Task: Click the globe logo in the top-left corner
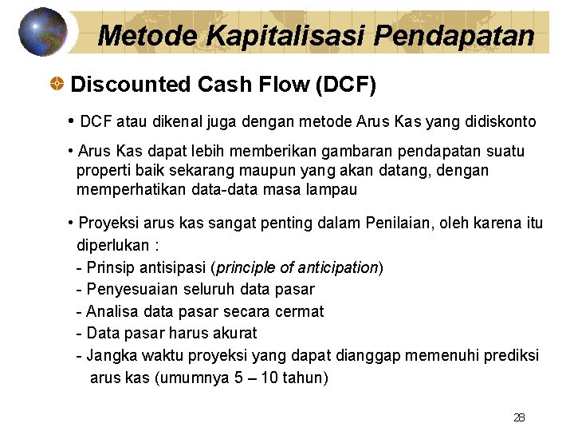point(43,32)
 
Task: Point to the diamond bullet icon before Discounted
point(57,84)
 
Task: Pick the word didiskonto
point(502,122)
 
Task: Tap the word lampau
point(333,190)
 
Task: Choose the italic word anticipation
point(336,267)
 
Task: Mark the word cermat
point(300,311)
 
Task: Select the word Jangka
point(110,355)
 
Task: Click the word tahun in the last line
point(302,378)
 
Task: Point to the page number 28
point(518,417)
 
